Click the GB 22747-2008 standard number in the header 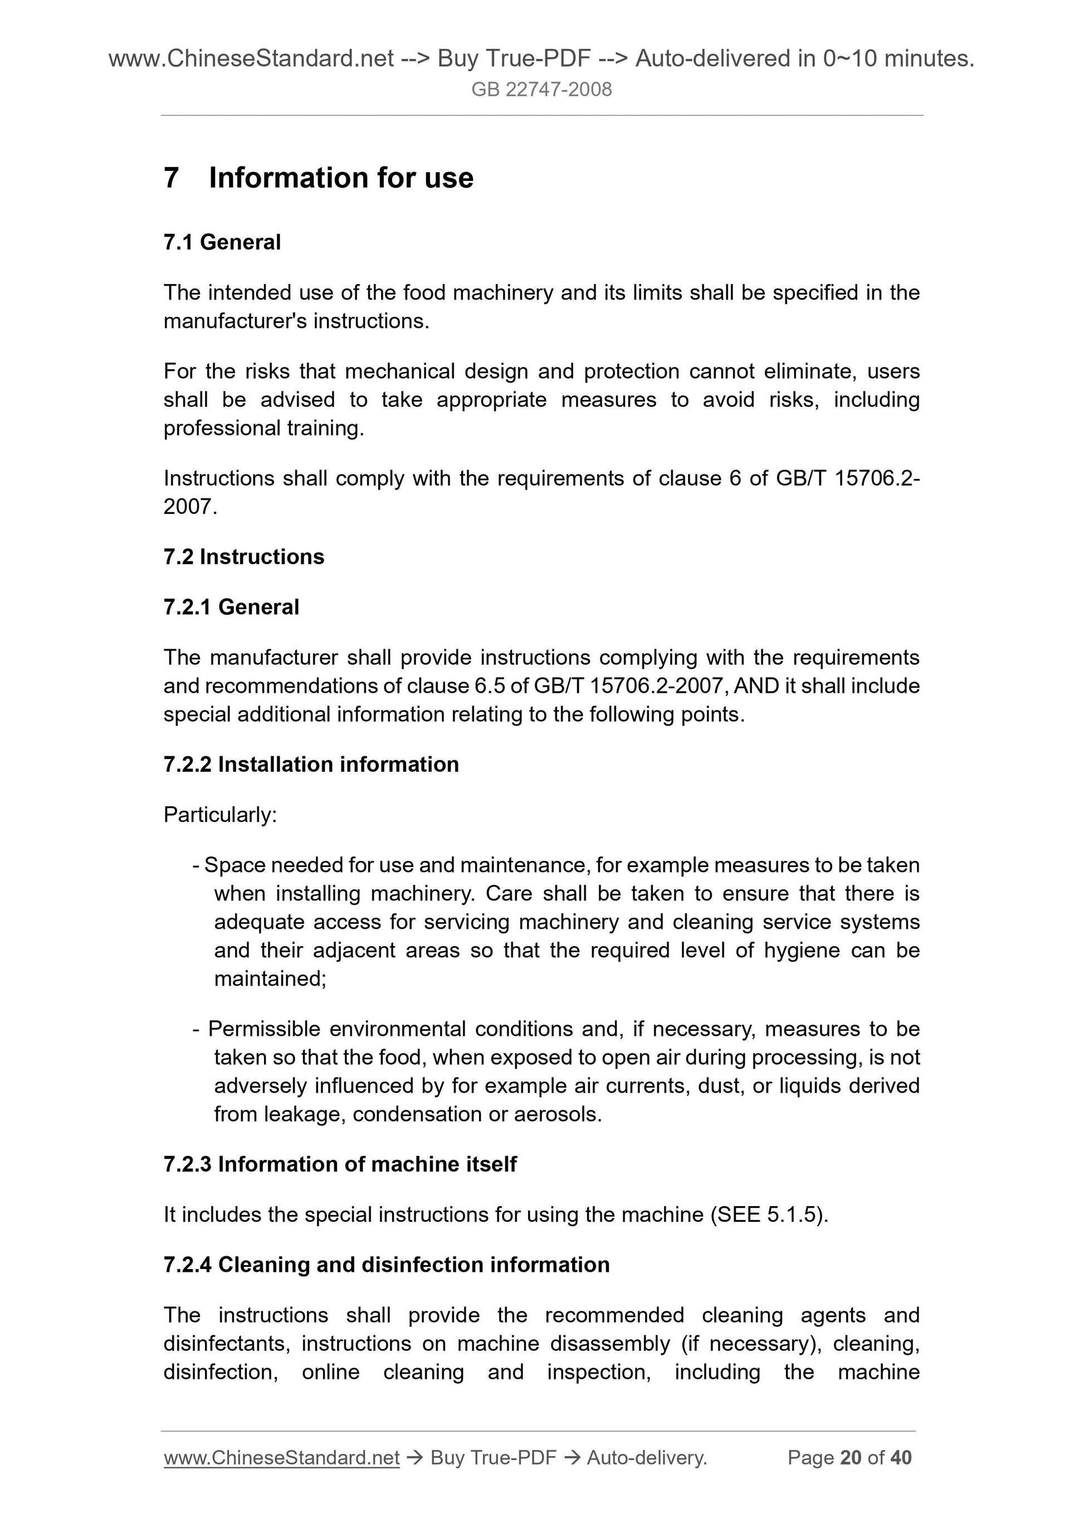[x=541, y=90]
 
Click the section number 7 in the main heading [x=171, y=178]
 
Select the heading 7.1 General [x=222, y=242]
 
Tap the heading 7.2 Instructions [x=244, y=557]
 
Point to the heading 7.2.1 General [x=231, y=607]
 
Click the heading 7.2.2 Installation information [x=311, y=765]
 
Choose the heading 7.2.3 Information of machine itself [x=340, y=1164]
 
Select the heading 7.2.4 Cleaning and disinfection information [x=387, y=1265]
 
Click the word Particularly [x=219, y=815]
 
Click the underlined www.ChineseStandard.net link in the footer [x=281, y=1458]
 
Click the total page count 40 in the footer [x=901, y=1458]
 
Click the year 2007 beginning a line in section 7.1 [x=189, y=507]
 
